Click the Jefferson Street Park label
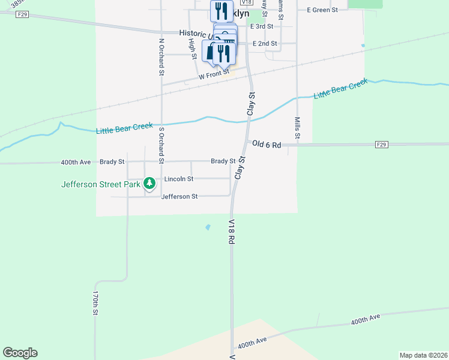[x=100, y=184]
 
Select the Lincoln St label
[x=179, y=179]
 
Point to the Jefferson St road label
[x=179, y=197]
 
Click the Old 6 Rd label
[x=267, y=144]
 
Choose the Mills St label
[x=297, y=130]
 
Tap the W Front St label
[x=214, y=77]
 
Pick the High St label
[x=193, y=48]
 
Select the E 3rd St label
[x=262, y=26]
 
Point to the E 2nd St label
[x=265, y=43]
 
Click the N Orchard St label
[x=161, y=57]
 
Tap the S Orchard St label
[x=161, y=145]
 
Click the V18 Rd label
[x=231, y=231]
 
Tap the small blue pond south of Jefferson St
[x=208, y=227]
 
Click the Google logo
[x=20, y=353]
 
